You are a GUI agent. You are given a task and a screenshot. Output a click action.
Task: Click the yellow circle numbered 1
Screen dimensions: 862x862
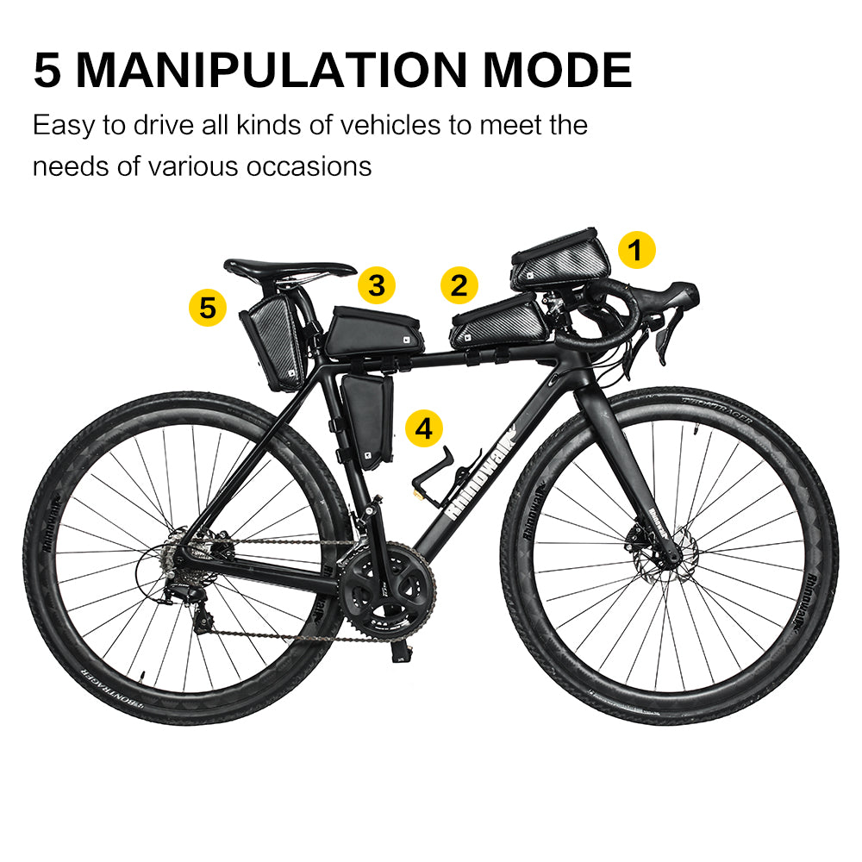tap(635, 251)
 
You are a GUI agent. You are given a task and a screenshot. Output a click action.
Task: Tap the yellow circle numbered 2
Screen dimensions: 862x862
tap(459, 285)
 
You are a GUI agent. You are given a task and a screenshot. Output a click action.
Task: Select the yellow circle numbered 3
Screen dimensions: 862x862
tap(377, 284)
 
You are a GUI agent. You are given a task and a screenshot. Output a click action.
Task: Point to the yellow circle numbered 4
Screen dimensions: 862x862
tap(424, 428)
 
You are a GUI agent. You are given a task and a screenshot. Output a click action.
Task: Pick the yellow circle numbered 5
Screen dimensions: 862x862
tap(208, 307)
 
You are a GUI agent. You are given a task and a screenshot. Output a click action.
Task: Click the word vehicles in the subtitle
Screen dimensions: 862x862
tap(389, 125)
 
